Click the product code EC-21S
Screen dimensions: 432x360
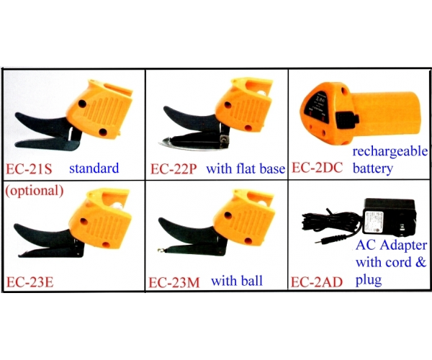tap(29, 169)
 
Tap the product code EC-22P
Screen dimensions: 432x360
tap(174, 169)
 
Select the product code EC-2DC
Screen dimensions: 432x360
tap(317, 168)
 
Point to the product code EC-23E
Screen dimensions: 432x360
tap(30, 282)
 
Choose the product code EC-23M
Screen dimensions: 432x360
tap(174, 283)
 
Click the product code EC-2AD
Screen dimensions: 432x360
tap(317, 282)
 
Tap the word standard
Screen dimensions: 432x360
tap(94, 168)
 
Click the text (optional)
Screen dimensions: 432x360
tap(35, 190)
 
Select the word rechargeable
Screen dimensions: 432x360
tap(390, 151)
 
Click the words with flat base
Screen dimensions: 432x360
tap(246, 168)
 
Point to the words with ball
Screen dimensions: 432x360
tap(237, 281)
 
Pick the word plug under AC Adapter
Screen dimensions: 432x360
tap(369, 280)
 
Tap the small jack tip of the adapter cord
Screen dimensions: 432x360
tap(318, 242)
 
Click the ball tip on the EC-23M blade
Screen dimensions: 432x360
tap(160, 250)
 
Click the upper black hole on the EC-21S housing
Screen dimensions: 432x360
tap(82, 104)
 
